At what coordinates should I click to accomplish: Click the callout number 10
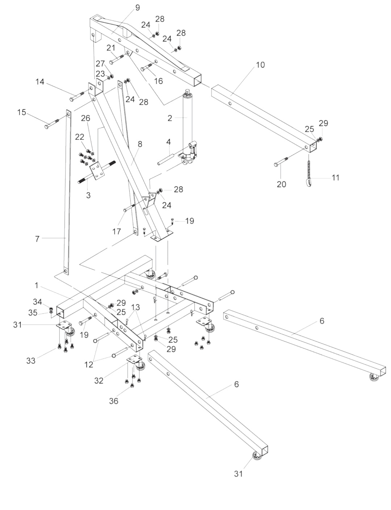[x=260, y=65]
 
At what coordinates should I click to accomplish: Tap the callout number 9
[x=137, y=8]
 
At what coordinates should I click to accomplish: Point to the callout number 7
[x=37, y=239]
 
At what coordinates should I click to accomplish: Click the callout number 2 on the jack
[x=170, y=118]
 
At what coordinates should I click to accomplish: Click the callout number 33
[x=31, y=360]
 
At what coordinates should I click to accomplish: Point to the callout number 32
[x=99, y=380]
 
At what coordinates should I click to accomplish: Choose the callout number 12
[x=89, y=365]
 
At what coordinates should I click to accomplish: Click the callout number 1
[x=36, y=286]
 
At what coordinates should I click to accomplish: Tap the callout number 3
[x=88, y=196]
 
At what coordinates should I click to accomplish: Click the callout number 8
[x=140, y=144]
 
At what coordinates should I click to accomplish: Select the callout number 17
[x=117, y=231]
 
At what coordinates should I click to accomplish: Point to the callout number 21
[x=111, y=48]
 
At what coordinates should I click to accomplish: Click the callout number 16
[x=159, y=81]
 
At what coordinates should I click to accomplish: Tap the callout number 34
[x=38, y=302]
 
